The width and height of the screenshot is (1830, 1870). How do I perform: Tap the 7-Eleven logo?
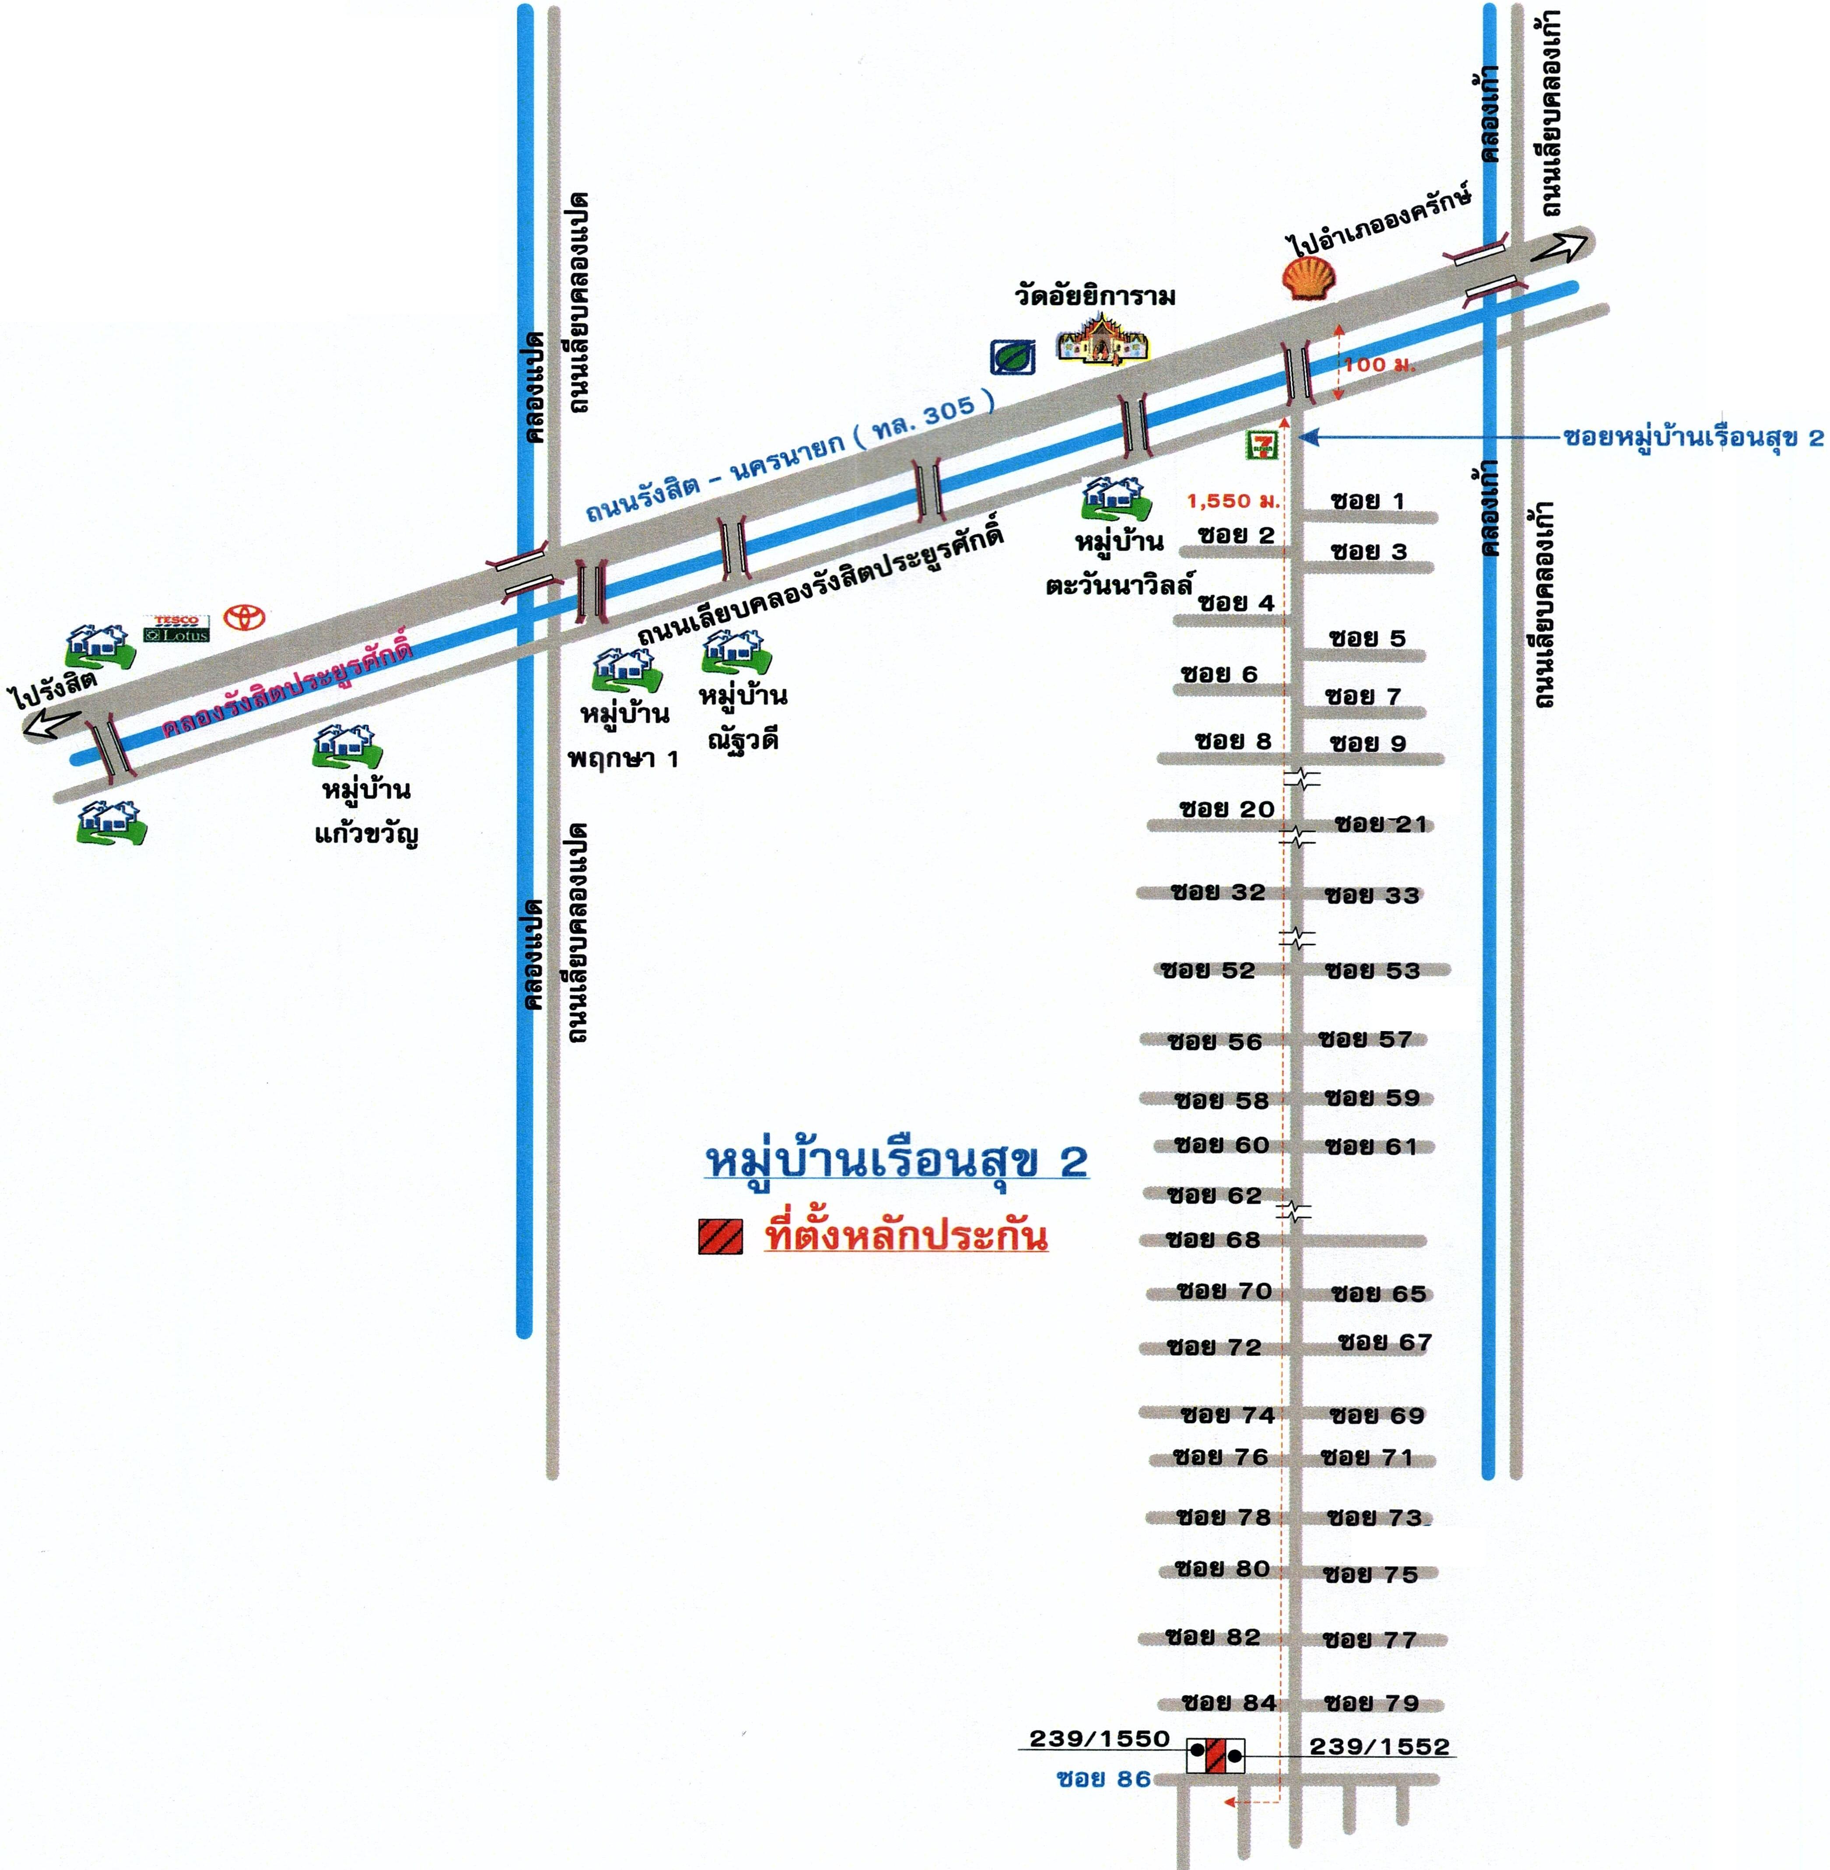point(1262,444)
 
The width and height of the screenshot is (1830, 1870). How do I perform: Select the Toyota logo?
point(245,616)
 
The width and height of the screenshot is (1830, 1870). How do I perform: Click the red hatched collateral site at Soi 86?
point(1216,1754)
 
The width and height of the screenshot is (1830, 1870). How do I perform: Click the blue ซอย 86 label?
point(1104,1779)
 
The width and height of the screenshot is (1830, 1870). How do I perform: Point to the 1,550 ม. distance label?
point(1233,501)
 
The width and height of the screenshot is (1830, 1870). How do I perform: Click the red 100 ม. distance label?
point(1379,365)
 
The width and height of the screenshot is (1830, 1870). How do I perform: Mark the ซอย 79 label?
point(1371,1703)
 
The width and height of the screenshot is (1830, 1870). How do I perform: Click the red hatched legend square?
point(720,1237)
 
